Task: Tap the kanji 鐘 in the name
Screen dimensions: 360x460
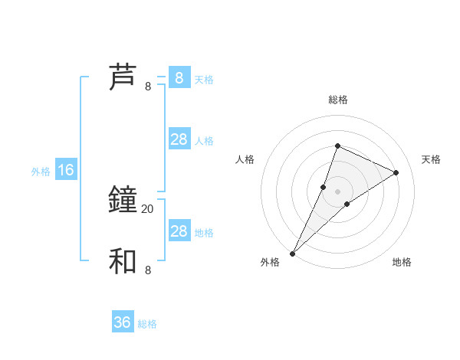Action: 123,200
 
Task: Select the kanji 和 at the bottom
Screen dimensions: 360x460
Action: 123,261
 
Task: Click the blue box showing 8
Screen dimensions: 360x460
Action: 179,78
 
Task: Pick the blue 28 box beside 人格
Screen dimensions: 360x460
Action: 179,139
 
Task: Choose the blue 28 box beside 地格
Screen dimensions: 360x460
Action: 179,231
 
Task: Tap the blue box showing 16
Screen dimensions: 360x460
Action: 66,170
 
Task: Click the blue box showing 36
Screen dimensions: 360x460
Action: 123,322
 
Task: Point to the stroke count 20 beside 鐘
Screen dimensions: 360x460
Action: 147,208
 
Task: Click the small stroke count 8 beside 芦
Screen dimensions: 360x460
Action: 148,87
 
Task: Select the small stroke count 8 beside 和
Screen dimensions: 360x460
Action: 148,270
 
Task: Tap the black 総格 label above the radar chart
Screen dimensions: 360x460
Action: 337,100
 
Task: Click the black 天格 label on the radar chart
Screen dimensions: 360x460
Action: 431,159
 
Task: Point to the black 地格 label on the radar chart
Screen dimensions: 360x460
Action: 402,262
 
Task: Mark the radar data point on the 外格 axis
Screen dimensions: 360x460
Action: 293,253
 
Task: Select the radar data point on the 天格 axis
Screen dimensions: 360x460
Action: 396,172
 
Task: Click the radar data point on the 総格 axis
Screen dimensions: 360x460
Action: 337,146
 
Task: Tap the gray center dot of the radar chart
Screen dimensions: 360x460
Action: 337,191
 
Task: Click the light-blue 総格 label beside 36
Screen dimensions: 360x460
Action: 147,324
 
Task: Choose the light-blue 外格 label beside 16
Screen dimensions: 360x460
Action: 41,172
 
